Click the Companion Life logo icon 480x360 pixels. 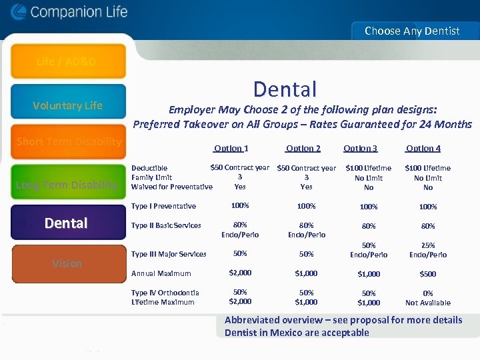pos(18,12)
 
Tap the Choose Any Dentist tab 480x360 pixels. pos(412,31)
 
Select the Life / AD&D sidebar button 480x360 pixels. pos(67,62)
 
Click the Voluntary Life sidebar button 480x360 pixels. pos(67,105)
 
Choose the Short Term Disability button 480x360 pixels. pos(69,141)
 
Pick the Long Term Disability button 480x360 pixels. pos(67,185)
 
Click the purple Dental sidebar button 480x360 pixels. pos(67,223)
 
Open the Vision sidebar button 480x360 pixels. pos(67,263)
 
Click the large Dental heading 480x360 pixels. pos(285,89)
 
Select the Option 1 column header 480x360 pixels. pos(231,149)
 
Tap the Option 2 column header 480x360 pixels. pos(303,149)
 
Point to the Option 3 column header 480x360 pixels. pos(360,149)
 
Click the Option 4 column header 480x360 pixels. pos(423,149)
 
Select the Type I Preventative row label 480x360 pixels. pos(163,207)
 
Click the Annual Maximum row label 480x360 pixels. pos(161,273)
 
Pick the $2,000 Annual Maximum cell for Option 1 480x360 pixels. pos(240,273)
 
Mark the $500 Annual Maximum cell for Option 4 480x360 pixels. pos(428,274)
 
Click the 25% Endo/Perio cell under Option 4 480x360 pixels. pos(428,250)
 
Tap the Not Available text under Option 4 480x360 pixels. pos(428,303)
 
